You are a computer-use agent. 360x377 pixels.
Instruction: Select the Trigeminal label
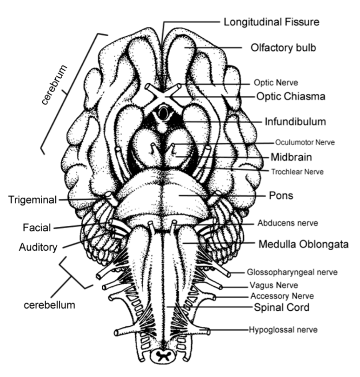[33, 200]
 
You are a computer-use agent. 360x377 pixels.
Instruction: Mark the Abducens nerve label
[287, 223]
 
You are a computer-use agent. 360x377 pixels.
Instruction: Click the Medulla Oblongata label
[303, 243]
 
